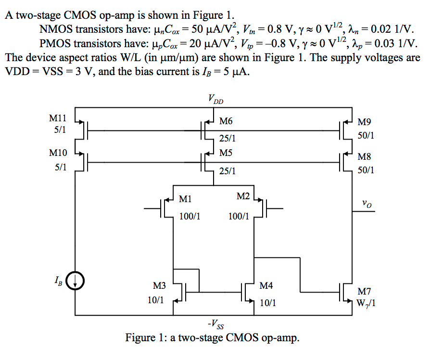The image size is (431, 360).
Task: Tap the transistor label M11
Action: pos(58,117)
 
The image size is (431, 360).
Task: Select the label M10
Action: pos(58,154)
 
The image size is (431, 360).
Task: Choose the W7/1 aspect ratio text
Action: pos(366,304)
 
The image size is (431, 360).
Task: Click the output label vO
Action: pos(368,205)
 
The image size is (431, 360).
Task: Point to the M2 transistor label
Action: pos(243,196)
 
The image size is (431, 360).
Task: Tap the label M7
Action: pos(365,291)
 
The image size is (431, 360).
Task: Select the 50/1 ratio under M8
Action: pos(366,170)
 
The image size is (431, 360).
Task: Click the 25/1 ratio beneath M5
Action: pos(227,171)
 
